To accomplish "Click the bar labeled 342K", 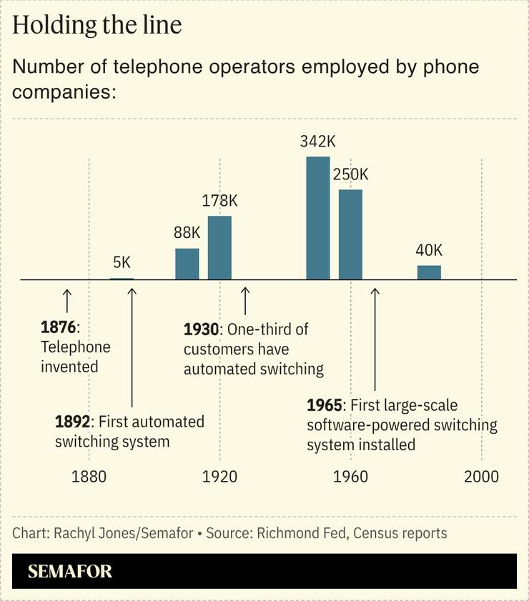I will pos(318,218).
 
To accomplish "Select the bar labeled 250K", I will pos(350,234).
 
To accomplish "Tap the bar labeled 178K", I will pos(219,247).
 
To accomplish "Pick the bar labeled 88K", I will pos(187,264).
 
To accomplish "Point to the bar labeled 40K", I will pos(429,272).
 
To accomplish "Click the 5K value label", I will pos(122,262).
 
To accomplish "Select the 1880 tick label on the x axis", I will pos(89,477).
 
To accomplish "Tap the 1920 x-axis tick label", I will pos(219,477).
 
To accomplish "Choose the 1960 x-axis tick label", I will pos(350,477).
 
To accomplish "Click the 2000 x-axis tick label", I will pos(481,477).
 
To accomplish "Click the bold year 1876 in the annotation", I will pos(58,328).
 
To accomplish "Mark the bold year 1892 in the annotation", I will pos(73,422).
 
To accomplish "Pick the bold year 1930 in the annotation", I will pos(201,329).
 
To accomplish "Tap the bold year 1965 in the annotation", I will pos(325,405).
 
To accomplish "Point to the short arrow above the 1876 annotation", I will pos(67,300).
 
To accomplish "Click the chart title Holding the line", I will pos(97,25).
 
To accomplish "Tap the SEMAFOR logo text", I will pos(70,572).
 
